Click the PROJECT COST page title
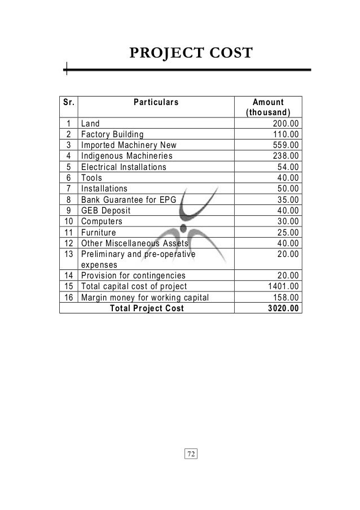(x=191, y=54)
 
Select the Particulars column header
(x=156, y=102)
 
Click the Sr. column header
(x=68, y=102)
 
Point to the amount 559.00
(x=286, y=145)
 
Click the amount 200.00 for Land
(x=286, y=124)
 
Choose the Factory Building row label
(x=112, y=134)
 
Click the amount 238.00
(x=286, y=156)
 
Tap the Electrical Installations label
(x=124, y=167)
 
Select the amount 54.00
(x=289, y=167)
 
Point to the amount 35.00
(x=289, y=199)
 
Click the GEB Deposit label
(x=106, y=210)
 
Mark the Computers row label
(x=102, y=221)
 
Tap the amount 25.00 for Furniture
(x=289, y=232)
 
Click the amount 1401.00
(x=284, y=286)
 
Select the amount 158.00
(x=286, y=298)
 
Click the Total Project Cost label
(x=146, y=308)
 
